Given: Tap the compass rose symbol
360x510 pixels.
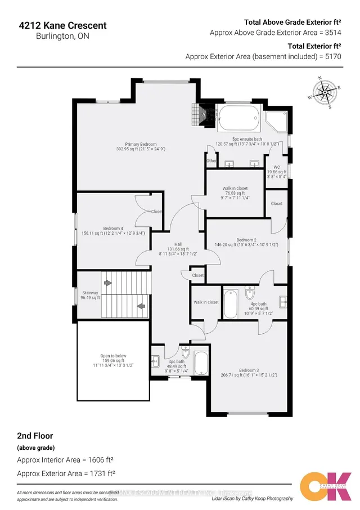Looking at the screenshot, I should click(x=322, y=92).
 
